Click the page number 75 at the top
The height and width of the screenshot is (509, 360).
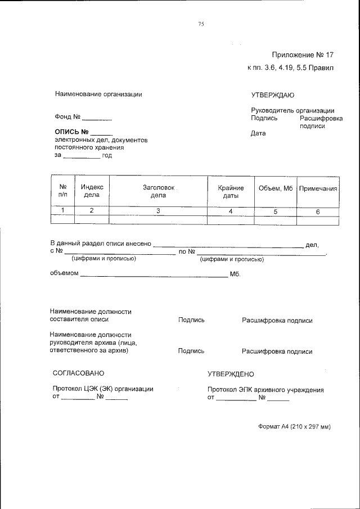pyautogui.click(x=201, y=24)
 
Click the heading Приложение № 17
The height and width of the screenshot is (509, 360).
pyautogui.click(x=303, y=55)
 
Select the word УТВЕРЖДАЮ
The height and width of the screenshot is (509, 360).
pyautogui.click(x=273, y=95)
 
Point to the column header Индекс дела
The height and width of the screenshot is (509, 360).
pyautogui.click(x=92, y=192)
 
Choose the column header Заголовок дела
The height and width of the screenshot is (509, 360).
pyautogui.click(x=158, y=192)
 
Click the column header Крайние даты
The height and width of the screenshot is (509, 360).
pyautogui.click(x=231, y=192)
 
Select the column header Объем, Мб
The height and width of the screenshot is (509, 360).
pyautogui.click(x=276, y=188)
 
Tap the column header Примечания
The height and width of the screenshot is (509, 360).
pyautogui.click(x=318, y=188)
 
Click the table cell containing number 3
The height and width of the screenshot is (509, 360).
pyautogui.click(x=158, y=211)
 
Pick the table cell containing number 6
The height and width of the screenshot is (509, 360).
pyautogui.click(x=318, y=211)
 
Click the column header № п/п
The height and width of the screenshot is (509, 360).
pyautogui.click(x=63, y=192)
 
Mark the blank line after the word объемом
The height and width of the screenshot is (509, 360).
pyautogui.click(x=154, y=277)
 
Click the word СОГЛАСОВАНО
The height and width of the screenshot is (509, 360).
pyautogui.click(x=78, y=373)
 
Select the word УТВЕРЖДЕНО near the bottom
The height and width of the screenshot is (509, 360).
pyautogui.click(x=231, y=373)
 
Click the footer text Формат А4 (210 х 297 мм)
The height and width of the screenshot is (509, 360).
pyautogui.click(x=294, y=426)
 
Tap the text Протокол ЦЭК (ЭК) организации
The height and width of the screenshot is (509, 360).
pyautogui.click(x=103, y=389)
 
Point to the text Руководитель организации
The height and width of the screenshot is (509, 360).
pyautogui.click(x=292, y=111)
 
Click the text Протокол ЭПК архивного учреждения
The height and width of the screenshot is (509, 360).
pyautogui.click(x=265, y=389)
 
